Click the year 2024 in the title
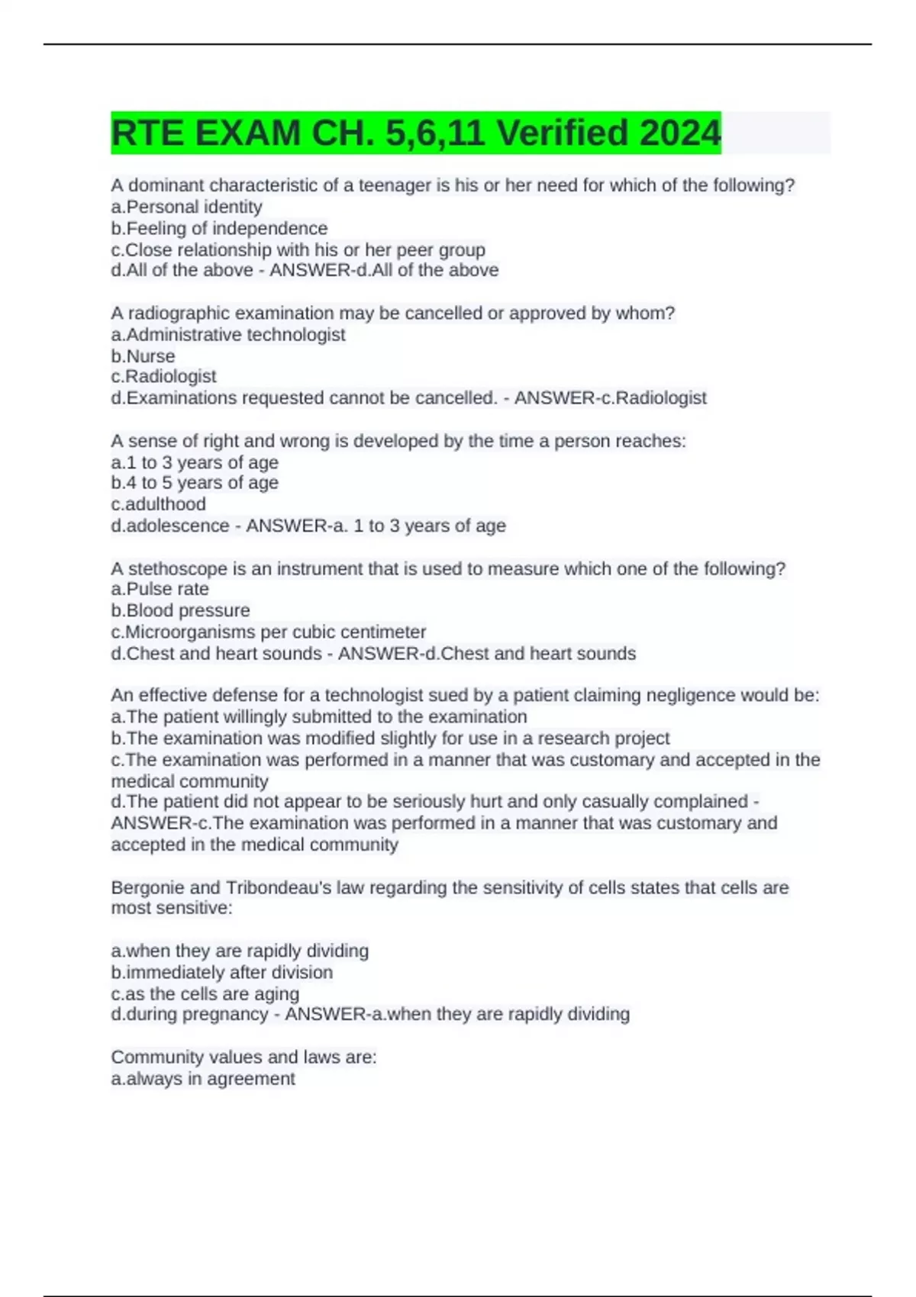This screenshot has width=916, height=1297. tap(679, 133)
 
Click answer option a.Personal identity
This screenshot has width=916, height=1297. tap(186, 207)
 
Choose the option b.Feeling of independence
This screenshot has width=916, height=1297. tap(219, 228)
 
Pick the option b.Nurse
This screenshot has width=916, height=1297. tap(143, 356)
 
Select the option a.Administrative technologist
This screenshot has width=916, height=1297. tap(227, 334)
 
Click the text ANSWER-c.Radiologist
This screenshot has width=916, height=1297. tap(610, 397)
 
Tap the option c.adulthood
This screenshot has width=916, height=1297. tap(158, 504)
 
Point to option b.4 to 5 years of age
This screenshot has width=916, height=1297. tap(195, 483)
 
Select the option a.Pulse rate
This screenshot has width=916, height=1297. tap(160, 589)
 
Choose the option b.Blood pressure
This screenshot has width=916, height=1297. tap(180, 610)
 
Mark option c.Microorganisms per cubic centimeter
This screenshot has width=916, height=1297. tap(268, 632)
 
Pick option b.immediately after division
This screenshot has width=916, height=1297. tap(221, 972)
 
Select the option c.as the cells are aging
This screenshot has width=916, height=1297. tap(205, 993)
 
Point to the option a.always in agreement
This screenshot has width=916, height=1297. tap(202, 1078)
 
